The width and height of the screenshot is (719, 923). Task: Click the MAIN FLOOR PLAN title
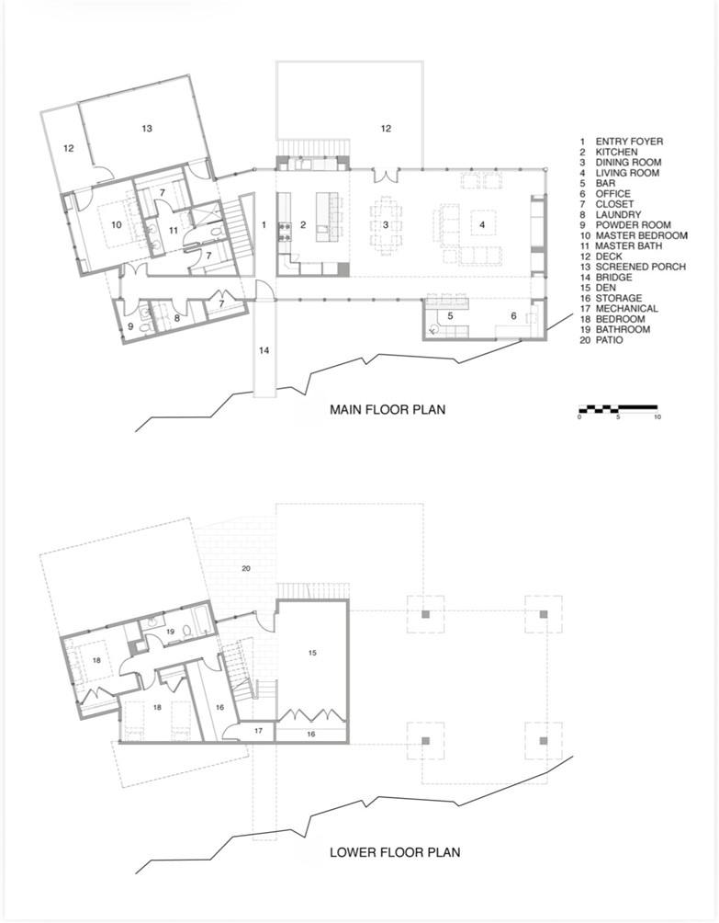click(x=388, y=410)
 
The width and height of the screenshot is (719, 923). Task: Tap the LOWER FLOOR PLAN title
click(x=395, y=852)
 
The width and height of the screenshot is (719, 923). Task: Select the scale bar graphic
click(x=617, y=406)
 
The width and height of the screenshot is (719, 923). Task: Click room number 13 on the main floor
click(x=147, y=129)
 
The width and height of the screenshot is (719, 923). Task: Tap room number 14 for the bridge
click(x=264, y=350)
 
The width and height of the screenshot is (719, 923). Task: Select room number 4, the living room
click(x=480, y=223)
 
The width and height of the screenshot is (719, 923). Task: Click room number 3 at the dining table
click(x=387, y=224)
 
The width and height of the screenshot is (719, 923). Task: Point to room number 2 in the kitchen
click(x=302, y=224)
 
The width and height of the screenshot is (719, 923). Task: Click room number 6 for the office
click(x=512, y=317)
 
